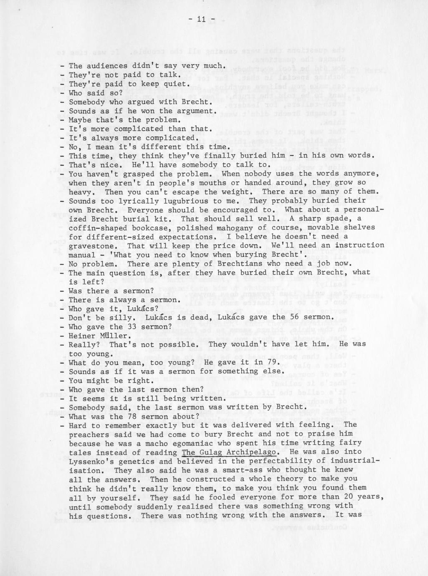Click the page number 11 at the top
202,20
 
